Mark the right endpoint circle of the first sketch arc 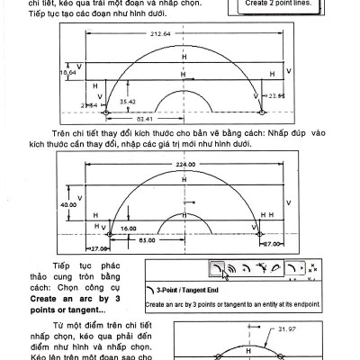(x=261, y=112)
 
